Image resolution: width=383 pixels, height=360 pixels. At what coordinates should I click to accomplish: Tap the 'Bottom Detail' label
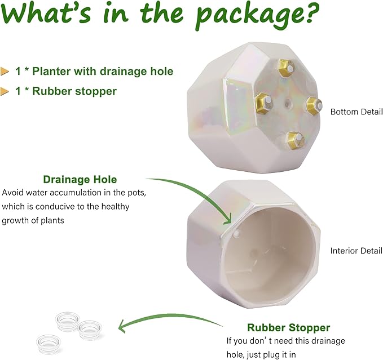click(x=356, y=112)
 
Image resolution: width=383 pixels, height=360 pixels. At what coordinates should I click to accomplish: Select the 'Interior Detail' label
click(x=356, y=251)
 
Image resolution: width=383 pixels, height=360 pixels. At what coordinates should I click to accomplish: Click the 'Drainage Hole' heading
click(x=80, y=180)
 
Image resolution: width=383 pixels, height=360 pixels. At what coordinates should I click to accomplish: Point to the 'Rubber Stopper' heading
click(x=288, y=327)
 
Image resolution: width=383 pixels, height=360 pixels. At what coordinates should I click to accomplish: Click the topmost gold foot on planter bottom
click(x=286, y=68)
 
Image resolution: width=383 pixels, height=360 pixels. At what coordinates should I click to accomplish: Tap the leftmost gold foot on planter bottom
click(x=263, y=104)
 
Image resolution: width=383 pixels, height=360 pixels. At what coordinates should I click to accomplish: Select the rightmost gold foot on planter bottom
click(x=314, y=106)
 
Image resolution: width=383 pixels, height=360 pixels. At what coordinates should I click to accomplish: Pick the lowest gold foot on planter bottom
click(x=296, y=140)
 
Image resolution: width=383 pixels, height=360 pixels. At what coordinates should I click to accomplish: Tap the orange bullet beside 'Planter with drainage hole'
click(x=5, y=71)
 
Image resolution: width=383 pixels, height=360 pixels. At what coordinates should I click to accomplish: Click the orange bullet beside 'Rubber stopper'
click(x=5, y=91)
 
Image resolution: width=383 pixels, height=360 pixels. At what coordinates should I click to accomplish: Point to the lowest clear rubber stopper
click(x=48, y=344)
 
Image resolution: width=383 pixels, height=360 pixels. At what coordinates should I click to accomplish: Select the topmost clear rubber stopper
click(x=68, y=321)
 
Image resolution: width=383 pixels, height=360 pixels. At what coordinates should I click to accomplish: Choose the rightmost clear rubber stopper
click(x=89, y=330)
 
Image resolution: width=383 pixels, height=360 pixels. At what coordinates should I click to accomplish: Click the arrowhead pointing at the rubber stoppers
click(x=122, y=326)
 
